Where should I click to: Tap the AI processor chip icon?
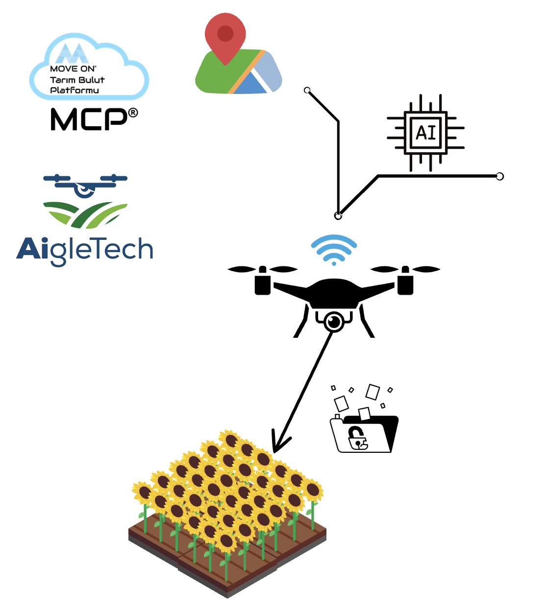tap(425, 133)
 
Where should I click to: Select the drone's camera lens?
tap(334, 322)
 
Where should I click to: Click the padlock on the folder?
tap(357, 437)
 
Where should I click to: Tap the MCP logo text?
tap(88, 119)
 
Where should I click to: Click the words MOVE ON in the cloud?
tap(73, 69)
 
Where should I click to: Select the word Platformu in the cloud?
tap(75, 90)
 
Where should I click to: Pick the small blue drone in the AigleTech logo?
tap(85, 185)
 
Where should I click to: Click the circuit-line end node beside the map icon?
tap(307, 91)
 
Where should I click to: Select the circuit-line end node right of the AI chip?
tap(499, 176)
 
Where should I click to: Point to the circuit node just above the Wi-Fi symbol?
tap(338, 216)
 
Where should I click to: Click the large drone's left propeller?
tap(262, 269)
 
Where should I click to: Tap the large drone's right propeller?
tap(405, 269)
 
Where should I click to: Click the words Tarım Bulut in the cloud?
tap(77, 80)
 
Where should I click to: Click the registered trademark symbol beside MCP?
tap(133, 113)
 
